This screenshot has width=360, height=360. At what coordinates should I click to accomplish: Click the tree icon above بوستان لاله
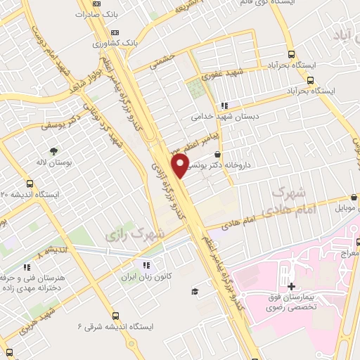pyautogui.click(x=53, y=150)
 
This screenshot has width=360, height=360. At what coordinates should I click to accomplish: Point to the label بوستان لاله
pyautogui.click(x=53, y=162)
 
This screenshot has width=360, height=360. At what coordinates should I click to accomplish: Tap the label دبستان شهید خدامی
pyautogui.click(x=226, y=117)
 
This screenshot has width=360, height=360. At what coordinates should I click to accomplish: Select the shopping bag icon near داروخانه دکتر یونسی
pyautogui.click(x=217, y=154)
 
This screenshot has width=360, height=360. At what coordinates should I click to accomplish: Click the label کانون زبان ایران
pyautogui.click(x=145, y=277)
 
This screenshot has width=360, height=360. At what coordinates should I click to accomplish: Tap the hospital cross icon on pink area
pyautogui.click(x=291, y=287)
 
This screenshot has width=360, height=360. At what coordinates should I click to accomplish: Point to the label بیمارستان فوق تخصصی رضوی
pyautogui.click(x=292, y=304)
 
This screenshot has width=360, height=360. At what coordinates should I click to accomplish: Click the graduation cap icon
pyautogui.click(x=193, y=292)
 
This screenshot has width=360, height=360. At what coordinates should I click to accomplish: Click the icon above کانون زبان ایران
pyautogui.click(x=146, y=265)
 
